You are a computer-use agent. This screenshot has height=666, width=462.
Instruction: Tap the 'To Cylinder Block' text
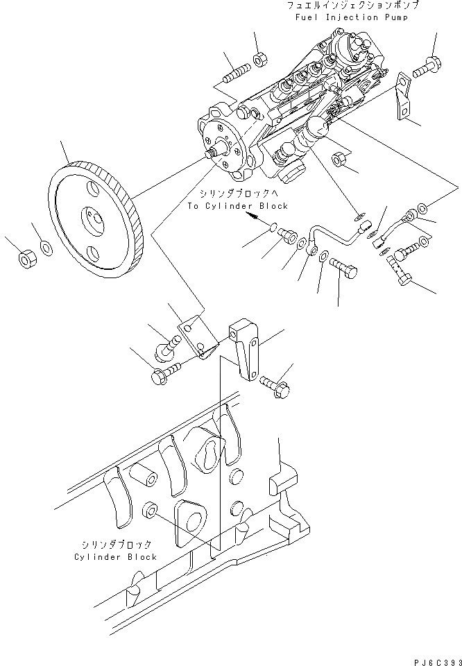click(237, 206)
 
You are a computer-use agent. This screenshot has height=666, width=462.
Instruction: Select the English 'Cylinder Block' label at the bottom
click(115, 557)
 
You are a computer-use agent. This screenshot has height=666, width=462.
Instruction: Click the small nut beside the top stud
click(257, 60)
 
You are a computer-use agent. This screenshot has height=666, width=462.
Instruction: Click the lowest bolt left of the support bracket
click(164, 375)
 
